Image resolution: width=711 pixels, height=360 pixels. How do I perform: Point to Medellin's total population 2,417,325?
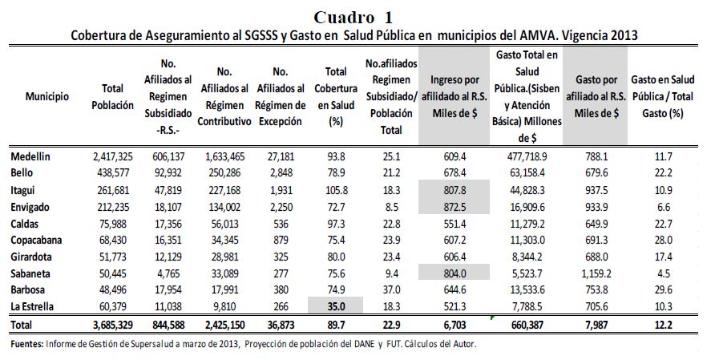click(112, 156)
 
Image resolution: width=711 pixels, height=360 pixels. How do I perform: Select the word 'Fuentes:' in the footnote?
click(29, 345)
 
